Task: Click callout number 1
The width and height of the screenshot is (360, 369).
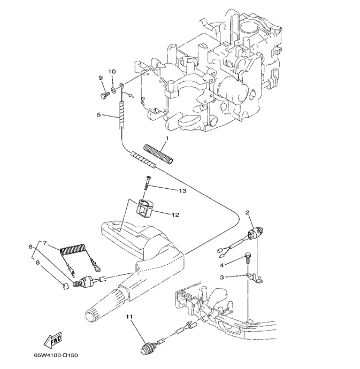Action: pos(167,139)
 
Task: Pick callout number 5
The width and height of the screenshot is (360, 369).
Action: pos(98,114)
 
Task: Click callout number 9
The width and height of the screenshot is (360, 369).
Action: pos(101,79)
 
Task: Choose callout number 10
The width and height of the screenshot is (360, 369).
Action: pos(112,72)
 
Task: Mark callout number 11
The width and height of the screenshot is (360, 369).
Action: pos(129,317)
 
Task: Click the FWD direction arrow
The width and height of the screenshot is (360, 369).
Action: pos(53,340)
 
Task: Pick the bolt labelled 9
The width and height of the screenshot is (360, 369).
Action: pos(104,95)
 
